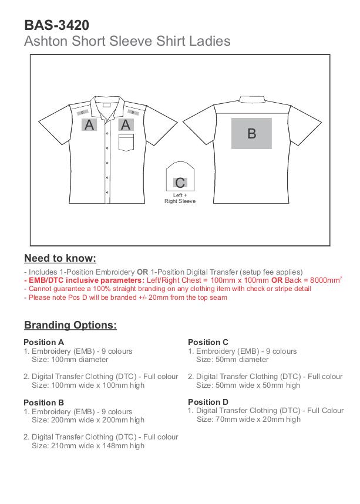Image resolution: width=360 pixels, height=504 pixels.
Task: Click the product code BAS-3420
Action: tap(56, 25)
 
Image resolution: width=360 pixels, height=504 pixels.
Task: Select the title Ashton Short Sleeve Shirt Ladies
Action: tap(127, 41)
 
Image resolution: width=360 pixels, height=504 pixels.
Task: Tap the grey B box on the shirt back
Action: tap(251, 133)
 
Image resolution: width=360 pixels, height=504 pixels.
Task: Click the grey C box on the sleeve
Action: tap(180, 182)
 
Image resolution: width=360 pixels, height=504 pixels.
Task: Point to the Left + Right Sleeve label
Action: tap(180, 198)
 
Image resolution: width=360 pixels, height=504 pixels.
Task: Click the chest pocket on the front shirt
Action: tap(126, 143)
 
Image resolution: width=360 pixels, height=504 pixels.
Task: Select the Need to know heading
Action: tap(60, 258)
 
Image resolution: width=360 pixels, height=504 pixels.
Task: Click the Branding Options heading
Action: tap(70, 325)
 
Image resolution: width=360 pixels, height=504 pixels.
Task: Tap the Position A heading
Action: tap(43, 342)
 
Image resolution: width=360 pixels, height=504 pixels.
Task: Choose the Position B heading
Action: tap(43, 402)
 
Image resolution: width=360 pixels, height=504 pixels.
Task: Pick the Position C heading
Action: tap(208, 342)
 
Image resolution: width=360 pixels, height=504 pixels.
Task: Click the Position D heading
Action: tap(208, 402)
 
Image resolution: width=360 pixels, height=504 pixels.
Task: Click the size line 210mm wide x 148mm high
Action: tap(88, 446)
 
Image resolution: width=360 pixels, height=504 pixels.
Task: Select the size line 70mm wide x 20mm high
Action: tap(248, 420)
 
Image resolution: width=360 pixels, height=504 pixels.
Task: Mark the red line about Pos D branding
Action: tap(126, 297)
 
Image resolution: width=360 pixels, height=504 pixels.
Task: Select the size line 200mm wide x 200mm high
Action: tap(88, 420)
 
